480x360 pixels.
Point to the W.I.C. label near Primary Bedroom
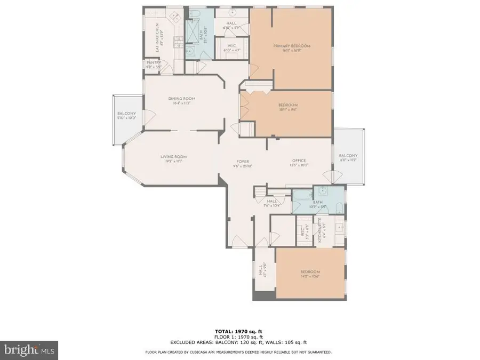232,47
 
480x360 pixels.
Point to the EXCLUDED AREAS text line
238,342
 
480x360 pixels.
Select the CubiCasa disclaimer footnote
238,352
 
